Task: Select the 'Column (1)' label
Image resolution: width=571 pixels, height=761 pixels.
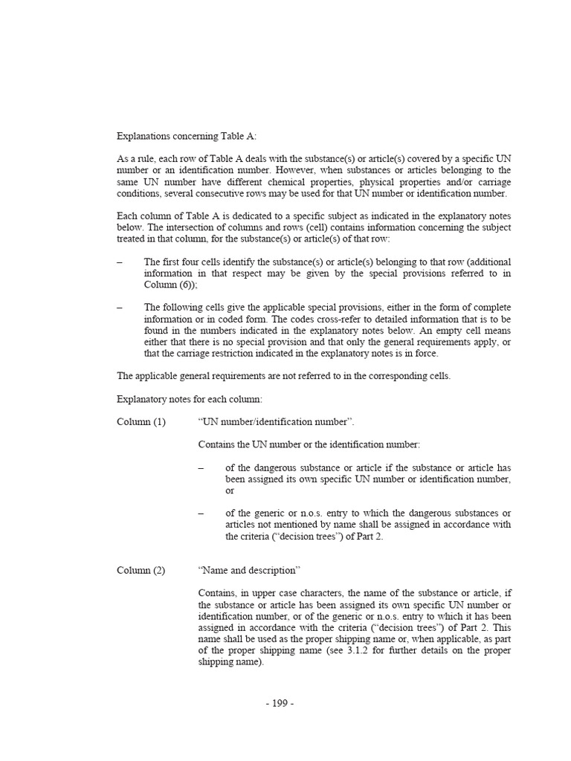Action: [x=141, y=422]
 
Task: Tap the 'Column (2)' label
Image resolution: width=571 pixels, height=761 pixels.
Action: [x=141, y=570]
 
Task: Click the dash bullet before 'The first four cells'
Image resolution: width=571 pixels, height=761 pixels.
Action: [x=120, y=262]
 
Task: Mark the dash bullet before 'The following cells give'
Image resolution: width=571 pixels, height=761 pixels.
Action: [x=120, y=308]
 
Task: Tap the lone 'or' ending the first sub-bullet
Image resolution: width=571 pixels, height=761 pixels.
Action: [x=230, y=490]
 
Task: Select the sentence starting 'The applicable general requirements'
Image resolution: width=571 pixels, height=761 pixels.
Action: [x=284, y=376]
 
